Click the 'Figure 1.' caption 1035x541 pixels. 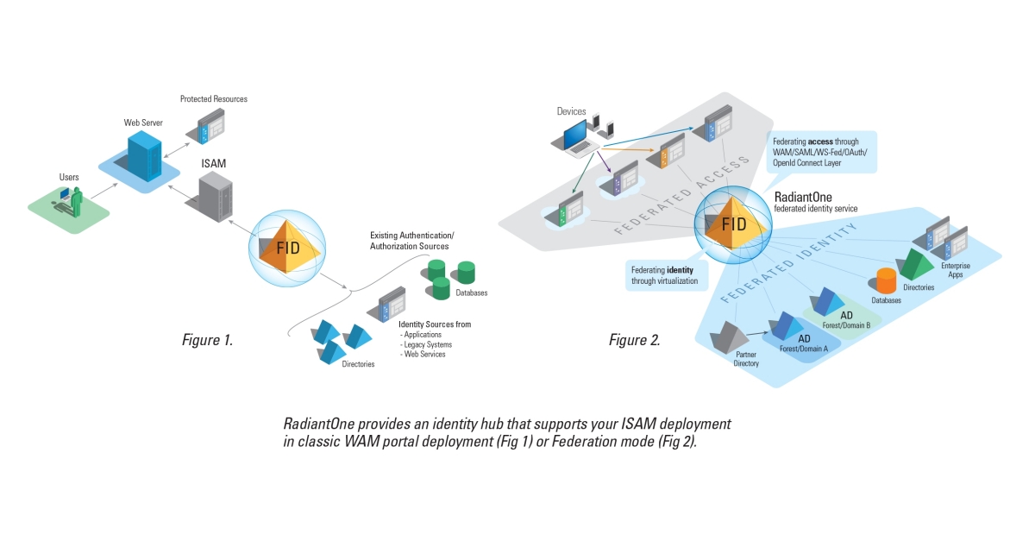(x=207, y=340)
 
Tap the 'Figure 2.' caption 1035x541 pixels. (x=634, y=340)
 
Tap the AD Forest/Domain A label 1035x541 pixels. (x=804, y=343)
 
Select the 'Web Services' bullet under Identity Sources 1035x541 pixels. (x=423, y=355)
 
